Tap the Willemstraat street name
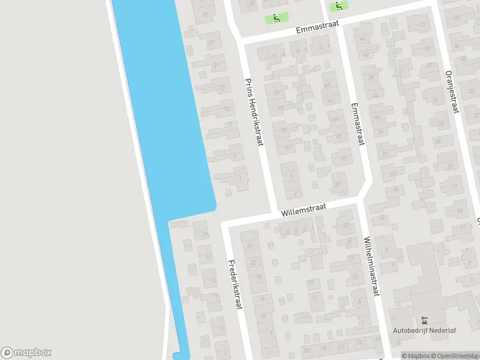(303, 208)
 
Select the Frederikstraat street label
(234, 284)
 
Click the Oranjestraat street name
(452, 91)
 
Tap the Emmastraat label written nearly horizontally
(316, 26)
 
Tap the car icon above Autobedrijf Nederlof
(425, 319)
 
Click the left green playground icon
(277, 18)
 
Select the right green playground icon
(339, 7)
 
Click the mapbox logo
(26, 352)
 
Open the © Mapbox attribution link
(416, 356)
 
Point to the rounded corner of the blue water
(211, 206)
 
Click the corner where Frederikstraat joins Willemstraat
(226, 226)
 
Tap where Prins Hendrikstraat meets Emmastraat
(239, 40)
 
